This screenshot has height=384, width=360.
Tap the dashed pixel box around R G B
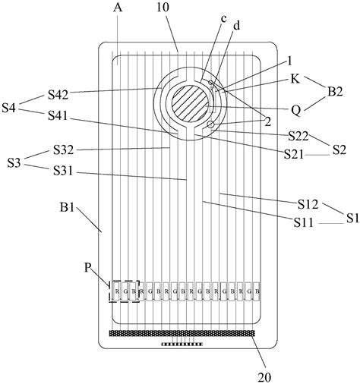pyautogui.click(x=125, y=290)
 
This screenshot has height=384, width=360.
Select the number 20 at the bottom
pyautogui.click(x=268, y=374)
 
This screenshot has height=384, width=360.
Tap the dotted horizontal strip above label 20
pyautogui.click(x=183, y=332)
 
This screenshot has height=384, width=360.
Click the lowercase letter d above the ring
pyautogui.click(x=235, y=27)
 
